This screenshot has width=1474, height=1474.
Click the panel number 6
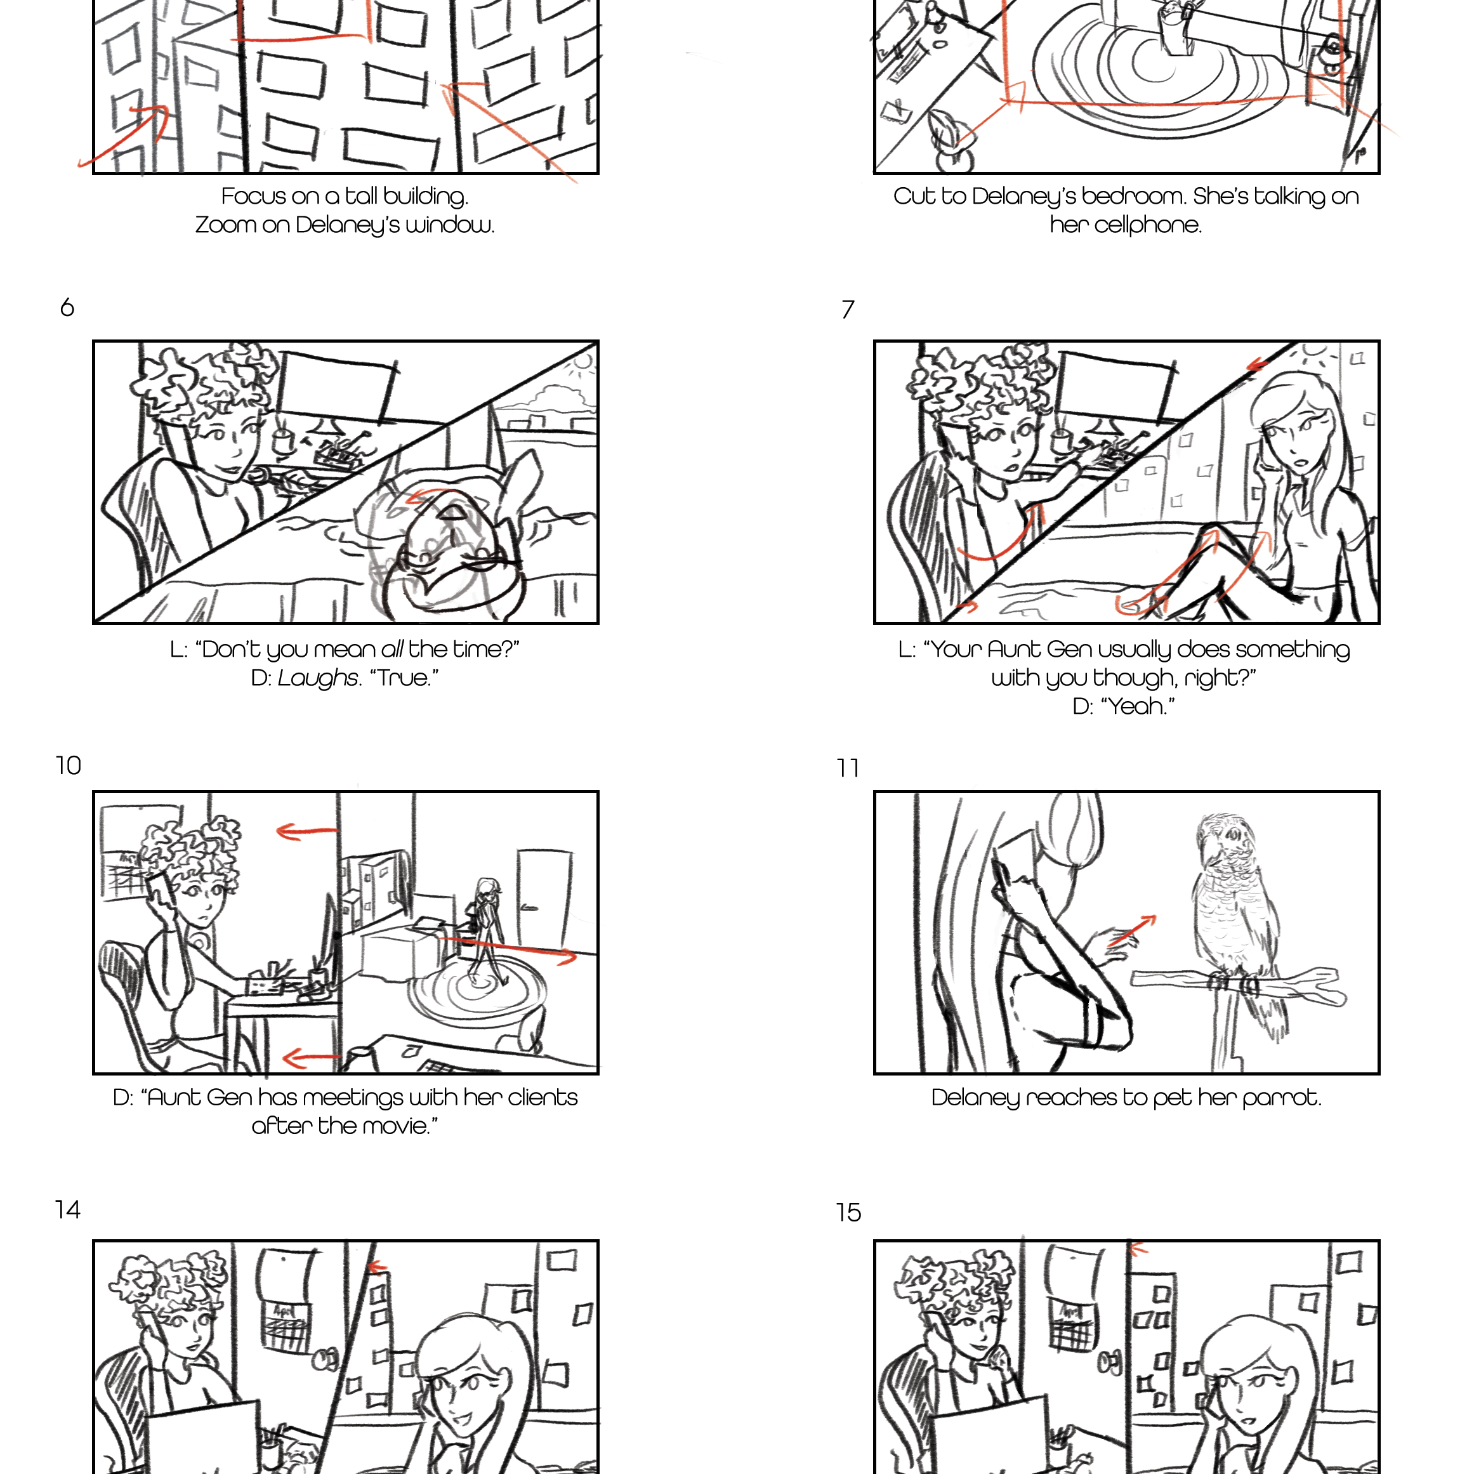[x=67, y=308]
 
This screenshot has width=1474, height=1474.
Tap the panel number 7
[x=848, y=310]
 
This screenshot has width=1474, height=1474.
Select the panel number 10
[x=69, y=765]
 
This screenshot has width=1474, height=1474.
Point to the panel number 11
[x=848, y=768]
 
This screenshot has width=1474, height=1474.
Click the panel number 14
[x=68, y=1209]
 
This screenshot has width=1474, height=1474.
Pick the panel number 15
[x=848, y=1213]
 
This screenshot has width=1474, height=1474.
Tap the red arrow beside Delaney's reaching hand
[x=1132, y=931]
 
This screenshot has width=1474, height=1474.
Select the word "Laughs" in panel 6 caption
[x=317, y=678]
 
